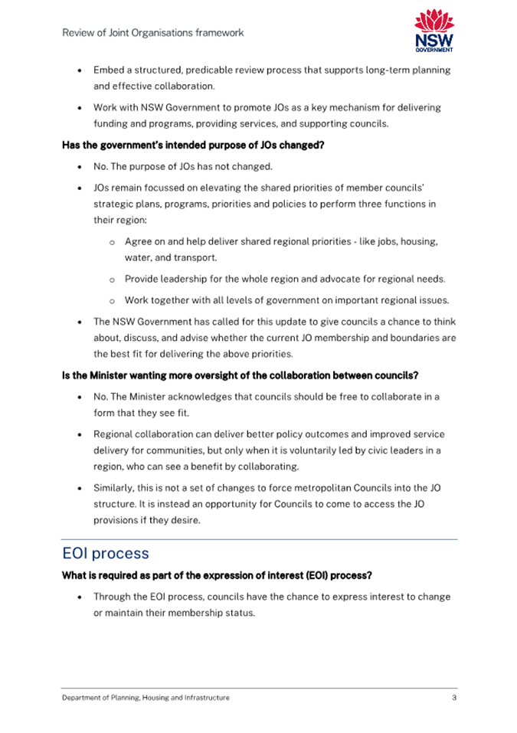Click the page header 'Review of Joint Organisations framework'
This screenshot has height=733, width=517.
(153, 33)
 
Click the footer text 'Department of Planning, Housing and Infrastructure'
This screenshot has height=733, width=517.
(146, 698)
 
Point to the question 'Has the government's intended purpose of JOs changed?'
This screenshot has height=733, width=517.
(194, 144)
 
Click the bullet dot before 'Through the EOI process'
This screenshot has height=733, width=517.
(80, 597)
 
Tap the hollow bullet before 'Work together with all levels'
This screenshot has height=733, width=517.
(112, 299)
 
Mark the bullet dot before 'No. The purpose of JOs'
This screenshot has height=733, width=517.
(80, 167)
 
